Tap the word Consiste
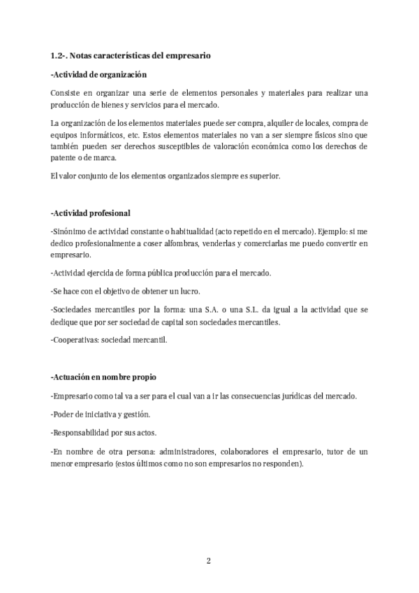tap(66, 93)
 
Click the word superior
tap(264, 176)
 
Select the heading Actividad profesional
tap(91, 213)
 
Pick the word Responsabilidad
tap(83, 432)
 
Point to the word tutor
tap(335, 452)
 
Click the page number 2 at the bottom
tap(209, 561)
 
